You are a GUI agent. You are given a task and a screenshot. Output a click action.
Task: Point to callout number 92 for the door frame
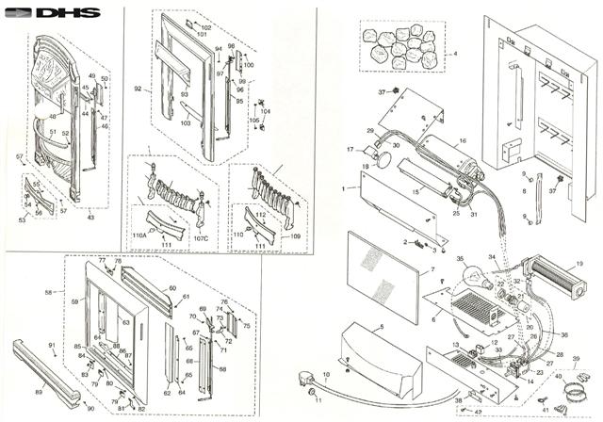[x=138, y=89]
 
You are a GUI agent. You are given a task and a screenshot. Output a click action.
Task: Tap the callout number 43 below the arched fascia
[x=90, y=218]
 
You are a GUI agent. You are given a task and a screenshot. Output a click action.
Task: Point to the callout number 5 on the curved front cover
[x=382, y=327]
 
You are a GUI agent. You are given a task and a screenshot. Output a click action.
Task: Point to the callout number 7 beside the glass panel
[x=432, y=270]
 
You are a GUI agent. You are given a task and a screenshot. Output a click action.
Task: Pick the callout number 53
[x=21, y=219]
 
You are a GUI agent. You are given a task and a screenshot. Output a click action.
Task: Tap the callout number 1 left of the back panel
[x=346, y=189]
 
